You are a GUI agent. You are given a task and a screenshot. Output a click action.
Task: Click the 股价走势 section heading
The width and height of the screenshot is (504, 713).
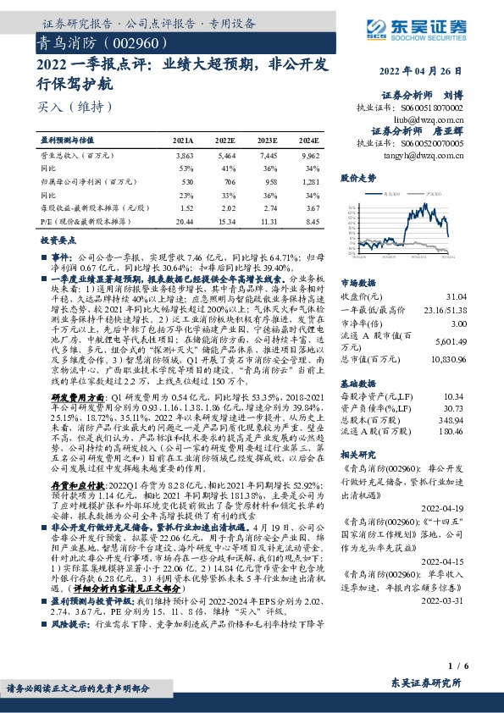point(357,180)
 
